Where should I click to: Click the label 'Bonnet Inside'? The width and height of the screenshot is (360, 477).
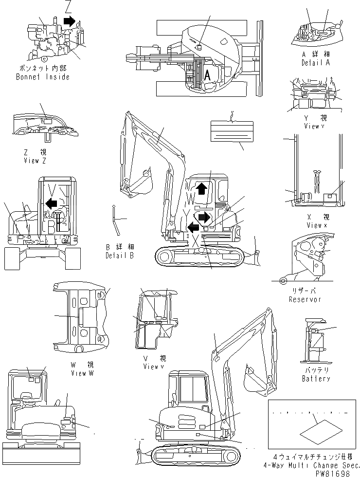coord(42,77)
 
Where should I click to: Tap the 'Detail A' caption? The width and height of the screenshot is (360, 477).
coord(315,63)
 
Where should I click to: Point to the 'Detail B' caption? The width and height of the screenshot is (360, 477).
coord(119,255)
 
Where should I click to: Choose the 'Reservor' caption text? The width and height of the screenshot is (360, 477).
coord(305,299)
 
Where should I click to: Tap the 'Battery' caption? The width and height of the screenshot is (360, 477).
coord(316,378)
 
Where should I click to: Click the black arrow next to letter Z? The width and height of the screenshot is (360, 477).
coord(70,20)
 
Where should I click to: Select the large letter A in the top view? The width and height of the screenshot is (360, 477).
coord(207,75)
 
